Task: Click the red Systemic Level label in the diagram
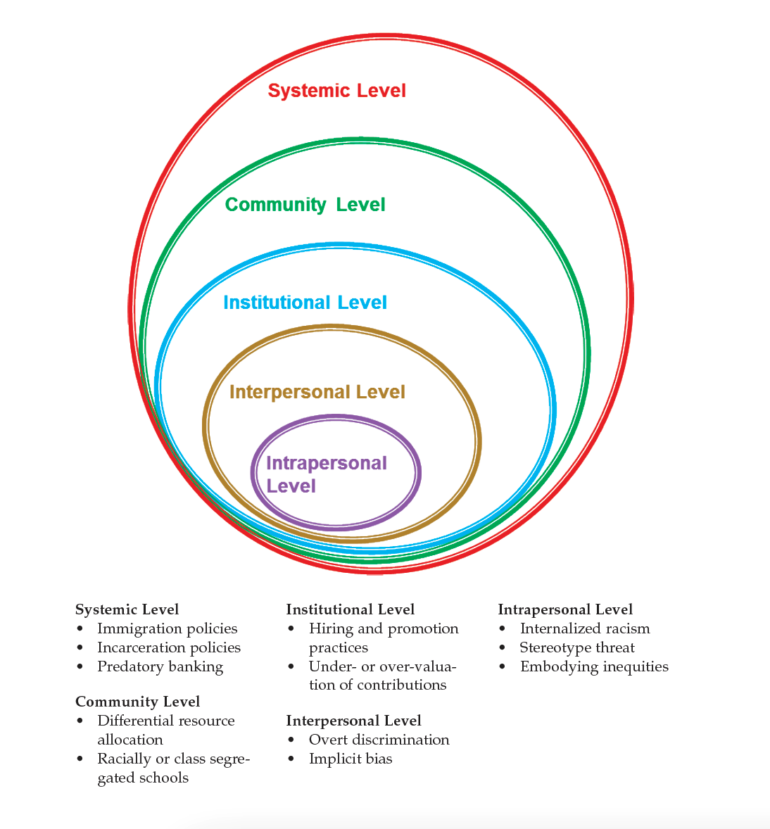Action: [337, 91]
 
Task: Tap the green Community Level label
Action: [305, 205]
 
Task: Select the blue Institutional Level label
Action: [305, 303]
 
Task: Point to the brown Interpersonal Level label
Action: [317, 392]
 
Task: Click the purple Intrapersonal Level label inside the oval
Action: [327, 474]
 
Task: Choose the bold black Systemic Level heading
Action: [127, 609]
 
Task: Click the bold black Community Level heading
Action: [138, 702]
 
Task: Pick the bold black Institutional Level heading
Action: [351, 609]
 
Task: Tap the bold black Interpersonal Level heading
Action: [354, 721]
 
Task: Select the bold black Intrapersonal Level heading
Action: [565, 609]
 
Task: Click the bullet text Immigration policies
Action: [168, 628]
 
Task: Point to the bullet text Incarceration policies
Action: [169, 647]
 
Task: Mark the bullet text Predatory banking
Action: [160, 666]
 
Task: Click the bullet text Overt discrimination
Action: [379, 740]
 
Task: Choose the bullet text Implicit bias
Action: [351, 759]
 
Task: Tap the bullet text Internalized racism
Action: [585, 628]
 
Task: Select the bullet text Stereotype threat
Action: [577, 647]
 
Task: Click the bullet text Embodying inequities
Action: [594, 666]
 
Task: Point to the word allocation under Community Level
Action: [130, 740]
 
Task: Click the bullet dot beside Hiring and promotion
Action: [292, 629]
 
